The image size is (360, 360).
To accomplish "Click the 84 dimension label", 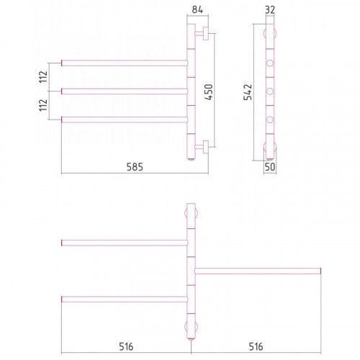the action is click(x=197, y=9).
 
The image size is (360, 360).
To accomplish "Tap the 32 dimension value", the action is click(x=270, y=9).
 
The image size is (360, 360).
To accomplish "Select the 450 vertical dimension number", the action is click(x=209, y=92).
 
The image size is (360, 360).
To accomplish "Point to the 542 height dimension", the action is click(x=248, y=92).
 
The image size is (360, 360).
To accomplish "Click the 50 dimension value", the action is click(x=270, y=167).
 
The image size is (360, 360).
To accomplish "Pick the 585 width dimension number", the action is click(x=135, y=167).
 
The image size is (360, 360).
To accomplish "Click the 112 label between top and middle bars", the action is click(x=43, y=77).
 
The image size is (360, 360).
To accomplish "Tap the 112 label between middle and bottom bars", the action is click(x=43, y=105).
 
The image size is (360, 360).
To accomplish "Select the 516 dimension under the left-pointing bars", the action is click(x=126, y=347).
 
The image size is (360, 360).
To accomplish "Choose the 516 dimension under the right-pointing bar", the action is click(x=256, y=347).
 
